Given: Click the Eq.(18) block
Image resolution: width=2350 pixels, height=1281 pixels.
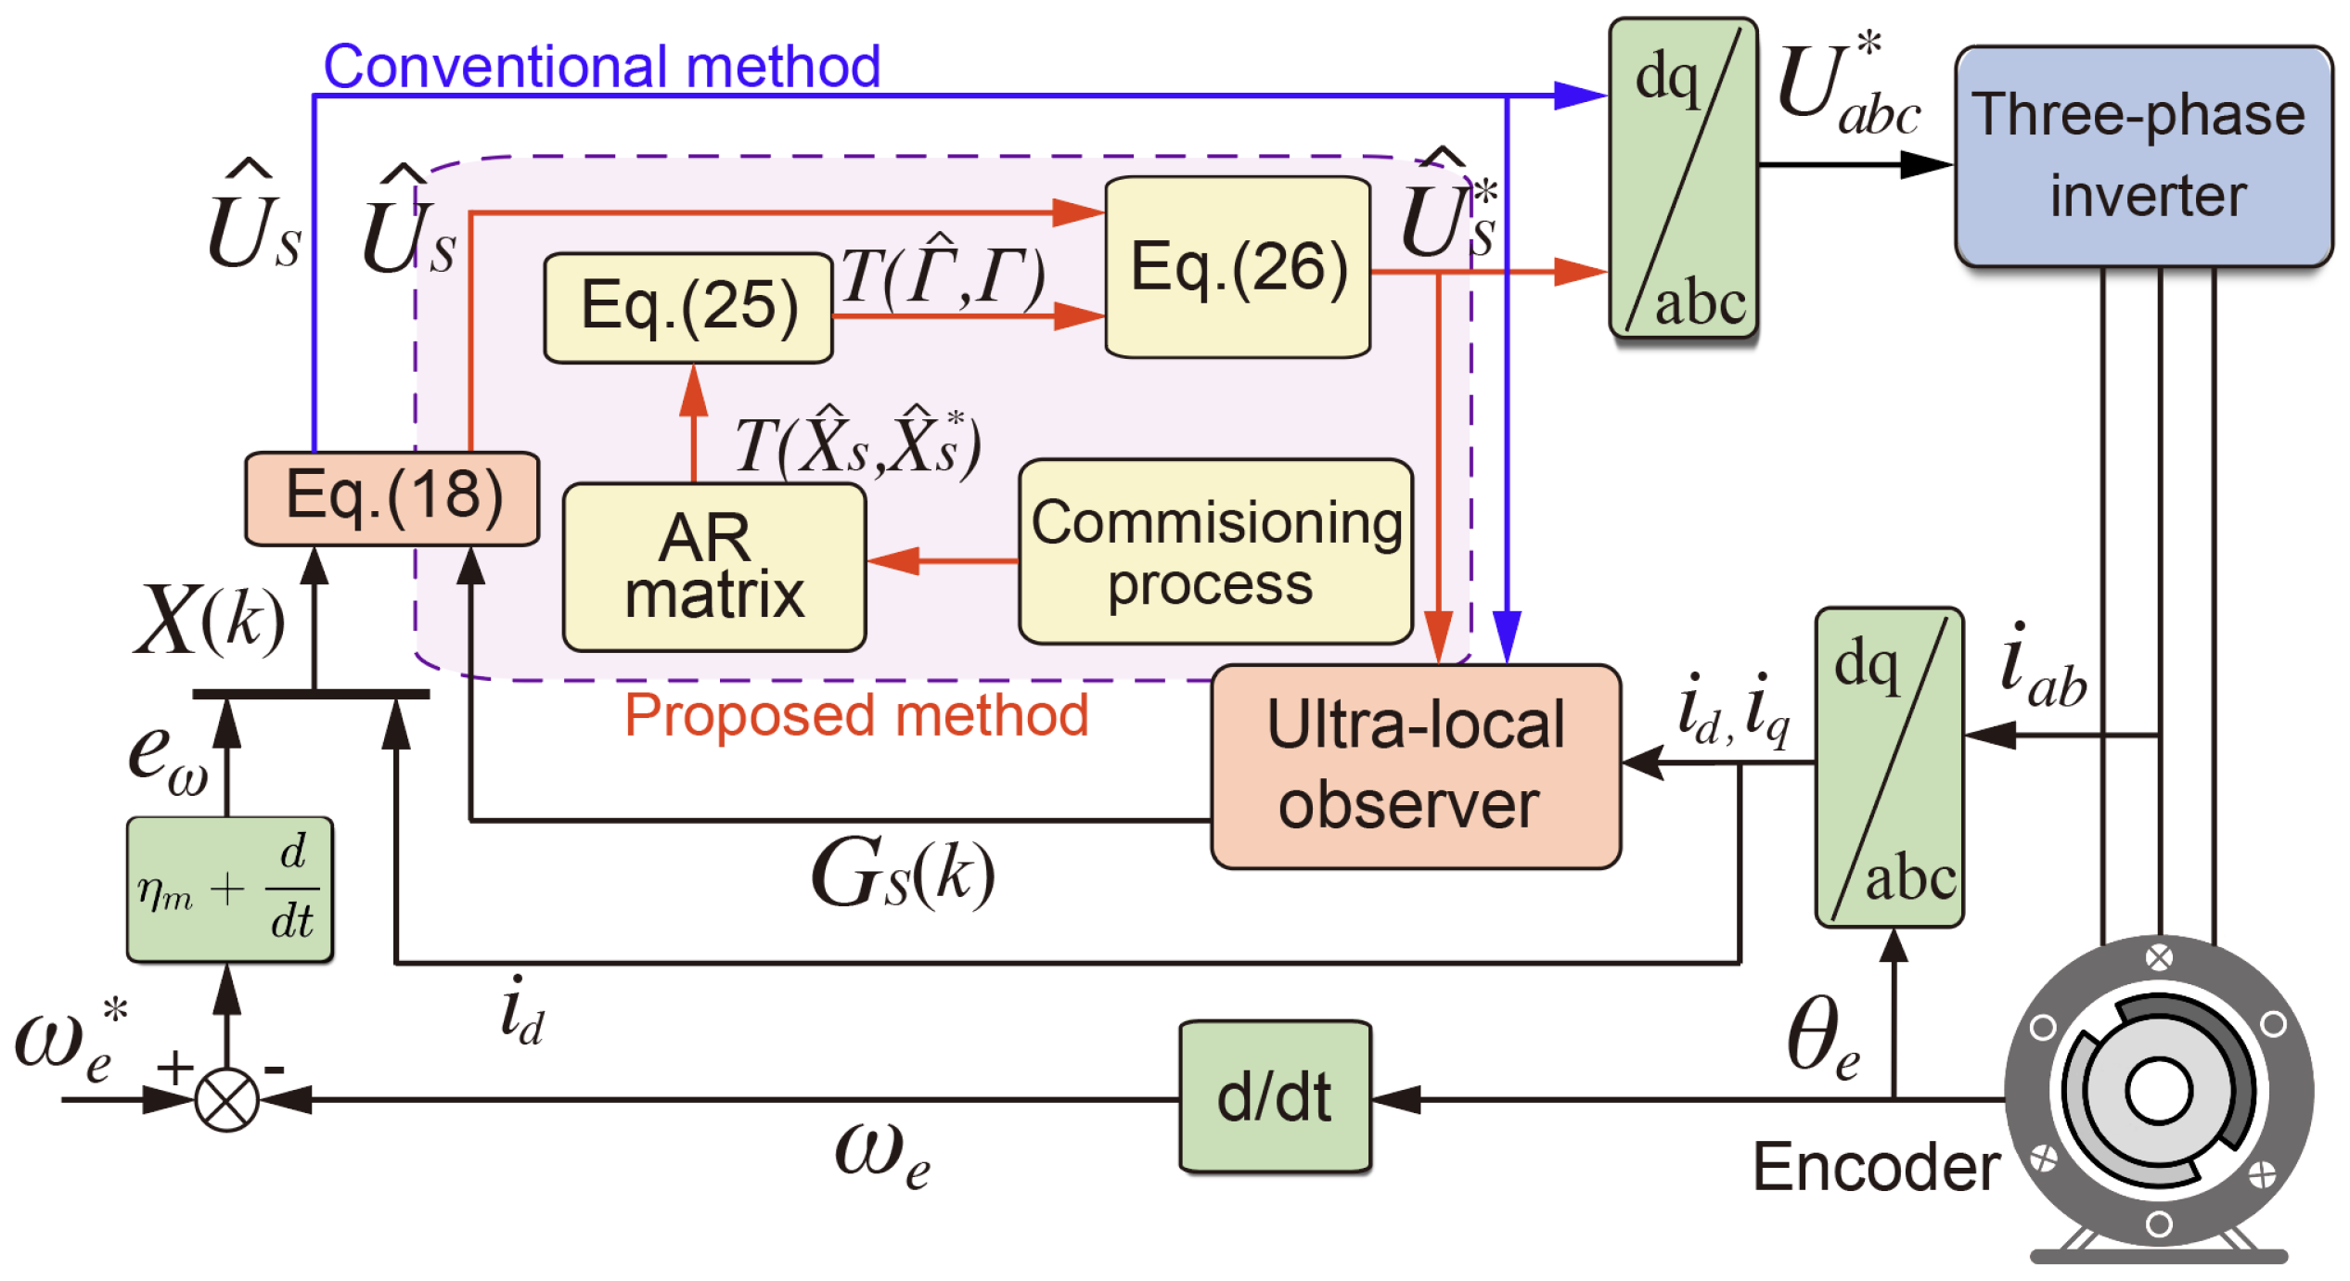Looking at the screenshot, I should click(392, 497).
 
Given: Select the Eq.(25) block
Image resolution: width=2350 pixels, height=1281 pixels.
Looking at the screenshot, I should click(688, 307).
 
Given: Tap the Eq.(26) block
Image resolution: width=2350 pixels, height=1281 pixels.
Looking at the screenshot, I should click(1238, 267).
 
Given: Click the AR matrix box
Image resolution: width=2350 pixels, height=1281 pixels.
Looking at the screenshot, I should click(713, 567).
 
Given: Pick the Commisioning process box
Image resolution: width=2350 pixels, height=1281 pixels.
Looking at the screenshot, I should click(1215, 552).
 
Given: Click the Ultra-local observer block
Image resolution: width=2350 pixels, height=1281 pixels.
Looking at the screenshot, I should click(1415, 766).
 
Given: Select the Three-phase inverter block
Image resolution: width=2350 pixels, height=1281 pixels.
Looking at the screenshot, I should click(2142, 156).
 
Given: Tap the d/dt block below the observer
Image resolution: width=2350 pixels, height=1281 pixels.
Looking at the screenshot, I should click(1274, 1097).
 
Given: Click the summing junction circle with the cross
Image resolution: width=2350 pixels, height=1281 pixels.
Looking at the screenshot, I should click(227, 1099).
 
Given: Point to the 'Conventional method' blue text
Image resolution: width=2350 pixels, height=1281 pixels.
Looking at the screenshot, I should click(601, 67).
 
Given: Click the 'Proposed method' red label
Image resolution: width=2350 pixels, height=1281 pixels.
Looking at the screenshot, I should click(855, 715).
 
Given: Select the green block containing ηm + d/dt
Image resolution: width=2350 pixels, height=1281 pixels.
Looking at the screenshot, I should click(229, 889).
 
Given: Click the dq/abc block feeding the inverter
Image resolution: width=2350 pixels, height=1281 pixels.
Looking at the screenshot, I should click(1682, 178).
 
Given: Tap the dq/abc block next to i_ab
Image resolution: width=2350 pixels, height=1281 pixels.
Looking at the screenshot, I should click(1889, 766).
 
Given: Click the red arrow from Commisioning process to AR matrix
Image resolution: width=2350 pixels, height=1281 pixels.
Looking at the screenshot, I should click(942, 560).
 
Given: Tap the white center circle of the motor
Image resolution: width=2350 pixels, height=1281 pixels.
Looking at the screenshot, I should click(2158, 1091).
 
